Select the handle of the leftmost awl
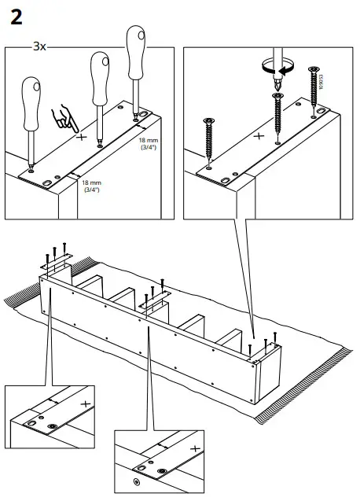coord(31,100)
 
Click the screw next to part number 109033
coord(313,87)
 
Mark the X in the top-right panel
coord(260,134)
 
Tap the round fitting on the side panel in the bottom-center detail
coord(137,481)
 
